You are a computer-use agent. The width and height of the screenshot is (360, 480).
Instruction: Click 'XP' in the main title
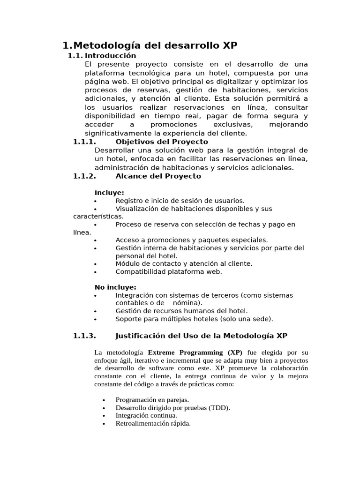coord(229,45)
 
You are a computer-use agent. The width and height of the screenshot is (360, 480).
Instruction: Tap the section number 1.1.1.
coord(85,142)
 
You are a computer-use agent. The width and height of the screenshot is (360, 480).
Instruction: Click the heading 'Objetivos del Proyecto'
coord(162,142)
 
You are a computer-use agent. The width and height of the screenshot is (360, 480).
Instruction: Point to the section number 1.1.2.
coord(85,176)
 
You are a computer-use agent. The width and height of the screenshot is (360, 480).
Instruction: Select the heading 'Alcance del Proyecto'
coord(158,176)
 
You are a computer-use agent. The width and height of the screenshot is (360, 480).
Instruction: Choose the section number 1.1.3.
coord(85,336)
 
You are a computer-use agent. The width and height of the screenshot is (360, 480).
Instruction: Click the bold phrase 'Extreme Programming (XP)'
coord(195,352)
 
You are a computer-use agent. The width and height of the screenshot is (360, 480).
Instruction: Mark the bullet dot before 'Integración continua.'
coord(104,416)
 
